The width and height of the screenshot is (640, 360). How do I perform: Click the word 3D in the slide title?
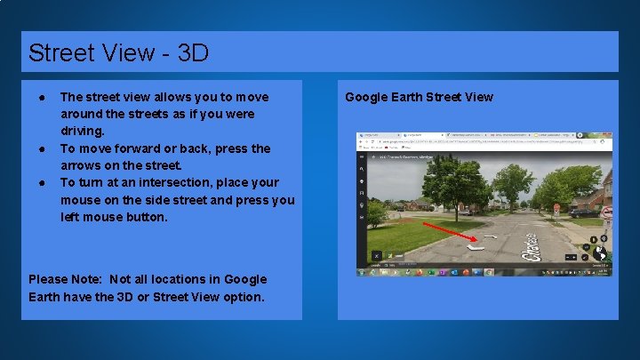193,53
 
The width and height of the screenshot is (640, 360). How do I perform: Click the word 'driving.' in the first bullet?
83,131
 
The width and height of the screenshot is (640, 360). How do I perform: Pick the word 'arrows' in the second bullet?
81,165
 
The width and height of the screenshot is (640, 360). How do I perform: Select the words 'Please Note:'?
67,279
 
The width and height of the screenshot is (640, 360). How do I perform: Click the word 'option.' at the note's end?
242,297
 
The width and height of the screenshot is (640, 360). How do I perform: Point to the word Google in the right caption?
366,97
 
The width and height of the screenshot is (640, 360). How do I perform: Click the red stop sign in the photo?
556,207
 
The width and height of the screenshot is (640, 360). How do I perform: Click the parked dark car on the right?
583,212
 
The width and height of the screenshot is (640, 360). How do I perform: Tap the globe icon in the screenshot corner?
600,254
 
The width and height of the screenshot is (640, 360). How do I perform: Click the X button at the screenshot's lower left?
377,255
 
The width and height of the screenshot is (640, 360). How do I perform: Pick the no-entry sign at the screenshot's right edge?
607,212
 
